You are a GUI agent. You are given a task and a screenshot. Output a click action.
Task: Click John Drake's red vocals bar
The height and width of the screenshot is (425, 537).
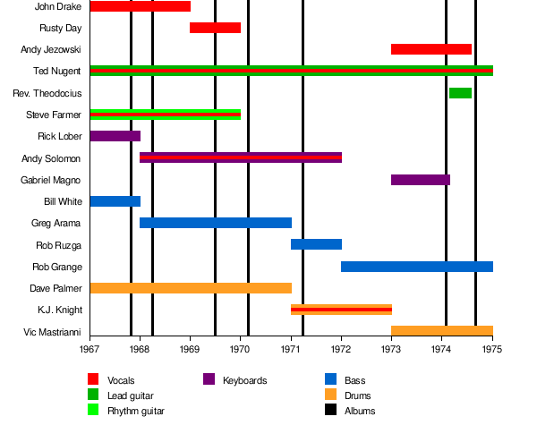pos(140,6)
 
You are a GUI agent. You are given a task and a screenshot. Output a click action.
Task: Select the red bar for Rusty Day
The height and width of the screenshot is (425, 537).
pos(215,28)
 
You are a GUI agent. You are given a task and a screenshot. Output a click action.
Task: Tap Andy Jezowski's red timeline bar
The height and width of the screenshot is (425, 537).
pos(430,49)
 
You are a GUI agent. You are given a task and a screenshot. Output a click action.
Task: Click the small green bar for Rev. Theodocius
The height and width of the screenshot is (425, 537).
pos(460,93)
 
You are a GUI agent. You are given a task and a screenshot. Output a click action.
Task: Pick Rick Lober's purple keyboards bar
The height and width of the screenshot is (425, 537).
pos(115,136)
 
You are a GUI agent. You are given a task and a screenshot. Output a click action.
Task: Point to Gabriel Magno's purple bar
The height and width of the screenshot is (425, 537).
pos(420,180)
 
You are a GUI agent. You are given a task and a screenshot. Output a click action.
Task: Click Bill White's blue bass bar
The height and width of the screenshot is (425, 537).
pos(115,201)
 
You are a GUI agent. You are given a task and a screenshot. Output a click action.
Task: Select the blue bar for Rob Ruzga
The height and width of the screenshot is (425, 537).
pos(316,244)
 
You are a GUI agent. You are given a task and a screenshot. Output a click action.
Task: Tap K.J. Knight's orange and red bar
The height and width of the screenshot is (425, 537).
pos(341,310)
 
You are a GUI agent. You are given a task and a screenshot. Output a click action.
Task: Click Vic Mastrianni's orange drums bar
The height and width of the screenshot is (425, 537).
pos(441,331)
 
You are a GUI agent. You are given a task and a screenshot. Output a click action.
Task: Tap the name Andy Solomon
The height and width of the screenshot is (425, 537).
pos(56,158)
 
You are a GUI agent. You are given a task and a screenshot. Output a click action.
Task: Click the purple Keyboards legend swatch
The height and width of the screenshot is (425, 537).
pos(209,379)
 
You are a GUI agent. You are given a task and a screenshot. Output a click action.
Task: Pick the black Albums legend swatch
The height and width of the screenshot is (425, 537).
pos(330,411)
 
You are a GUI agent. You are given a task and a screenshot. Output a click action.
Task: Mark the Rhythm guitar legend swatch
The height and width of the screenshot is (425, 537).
pos(93,411)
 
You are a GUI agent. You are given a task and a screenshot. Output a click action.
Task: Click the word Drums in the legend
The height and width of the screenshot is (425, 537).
pos(357,395)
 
